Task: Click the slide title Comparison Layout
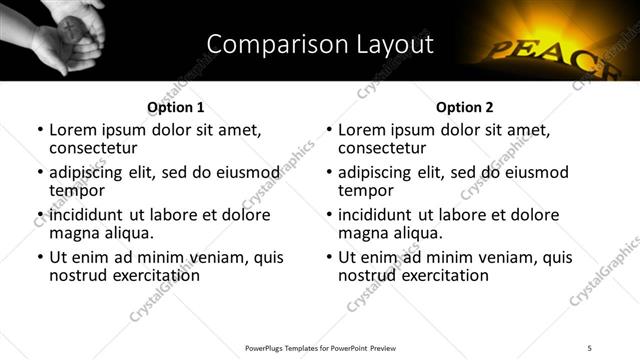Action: [x=320, y=44]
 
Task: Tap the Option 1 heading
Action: [x=175, y=107]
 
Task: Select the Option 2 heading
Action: [x=464, y=107]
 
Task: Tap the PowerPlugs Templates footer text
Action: [x=320, y=348]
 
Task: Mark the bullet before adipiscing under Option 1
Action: [x=40, y=173]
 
